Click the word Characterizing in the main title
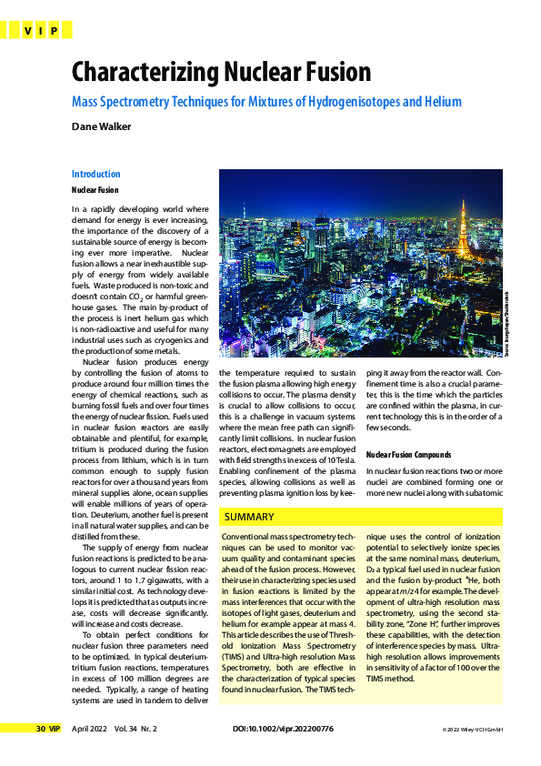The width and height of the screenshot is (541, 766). tap(150, 72)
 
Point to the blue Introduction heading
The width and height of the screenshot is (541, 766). tap(95, 174)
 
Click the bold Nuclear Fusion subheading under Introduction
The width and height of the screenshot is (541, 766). tap(95, 190)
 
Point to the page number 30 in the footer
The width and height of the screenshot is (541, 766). tap(41, 754)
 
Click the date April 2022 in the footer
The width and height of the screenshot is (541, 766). tap(90, 754)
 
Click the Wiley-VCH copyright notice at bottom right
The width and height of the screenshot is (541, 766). tap(474, 755)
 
